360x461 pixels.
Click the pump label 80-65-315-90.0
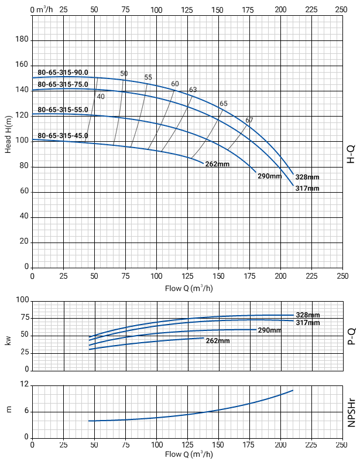point(63,73)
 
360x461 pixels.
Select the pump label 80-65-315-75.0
point(63,84)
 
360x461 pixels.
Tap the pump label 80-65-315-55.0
point(63,110)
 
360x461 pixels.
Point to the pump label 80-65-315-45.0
point(63,135)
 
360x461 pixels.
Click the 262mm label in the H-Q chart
point(217,164)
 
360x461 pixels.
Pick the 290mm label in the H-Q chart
point(270,176)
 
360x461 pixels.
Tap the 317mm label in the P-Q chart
point(308,323)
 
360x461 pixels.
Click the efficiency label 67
point(249,120)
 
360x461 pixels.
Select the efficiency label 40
point(101,97)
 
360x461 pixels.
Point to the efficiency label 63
point(193,90)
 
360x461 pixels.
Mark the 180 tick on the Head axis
point(22,39)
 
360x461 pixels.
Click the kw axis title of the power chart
point(9,339)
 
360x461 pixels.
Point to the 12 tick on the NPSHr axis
point(25,385)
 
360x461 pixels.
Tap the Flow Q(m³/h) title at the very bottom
point(188,454)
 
